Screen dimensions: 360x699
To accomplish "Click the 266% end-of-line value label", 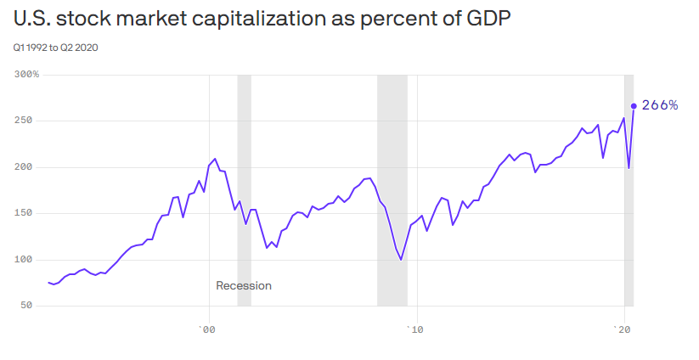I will [x=660, y=105].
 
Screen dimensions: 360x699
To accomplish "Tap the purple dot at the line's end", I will [x=634, y=106].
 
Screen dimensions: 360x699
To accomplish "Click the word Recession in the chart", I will [x=244, y=286].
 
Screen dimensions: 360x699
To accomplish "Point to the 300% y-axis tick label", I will [x=27, y=75].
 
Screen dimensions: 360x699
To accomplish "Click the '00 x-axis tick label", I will [x=206, y=329].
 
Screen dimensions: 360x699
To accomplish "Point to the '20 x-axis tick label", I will [x=624, y=329].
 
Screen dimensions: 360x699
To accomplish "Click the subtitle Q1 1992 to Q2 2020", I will [x=55, y=48].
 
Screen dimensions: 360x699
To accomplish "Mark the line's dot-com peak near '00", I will [x=215, y=159].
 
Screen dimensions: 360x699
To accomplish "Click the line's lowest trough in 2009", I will [x=401, y=259].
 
